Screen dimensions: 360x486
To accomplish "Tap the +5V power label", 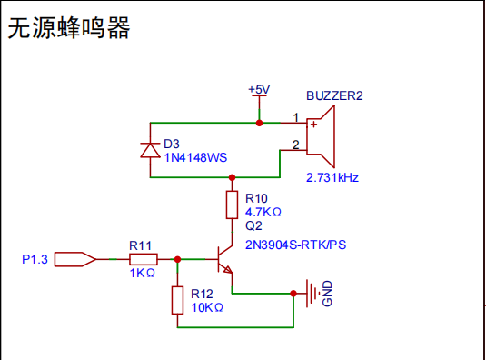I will point(259,90).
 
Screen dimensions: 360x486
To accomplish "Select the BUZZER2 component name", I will point(335,96).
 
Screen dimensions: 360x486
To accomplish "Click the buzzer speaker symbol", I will point(322,134).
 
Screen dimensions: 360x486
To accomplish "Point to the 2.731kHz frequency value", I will point(332,177).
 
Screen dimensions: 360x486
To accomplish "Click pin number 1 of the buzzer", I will point(295,117).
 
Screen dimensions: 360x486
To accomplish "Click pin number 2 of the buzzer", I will point(295,145).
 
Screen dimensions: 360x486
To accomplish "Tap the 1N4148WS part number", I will point(195,157).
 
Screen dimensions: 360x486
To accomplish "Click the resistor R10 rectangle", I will point(232,205).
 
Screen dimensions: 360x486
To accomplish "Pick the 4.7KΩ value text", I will point(263,211).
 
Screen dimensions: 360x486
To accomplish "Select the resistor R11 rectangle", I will point(143,259).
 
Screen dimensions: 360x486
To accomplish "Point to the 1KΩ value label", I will point(143,273).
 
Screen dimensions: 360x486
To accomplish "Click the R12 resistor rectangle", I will point(177,300).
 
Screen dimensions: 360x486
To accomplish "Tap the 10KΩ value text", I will point(207,307).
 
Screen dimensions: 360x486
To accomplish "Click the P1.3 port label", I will point(35,260).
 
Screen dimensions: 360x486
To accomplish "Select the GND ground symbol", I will point(314,294).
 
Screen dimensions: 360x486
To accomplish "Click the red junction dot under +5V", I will point(259,122).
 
